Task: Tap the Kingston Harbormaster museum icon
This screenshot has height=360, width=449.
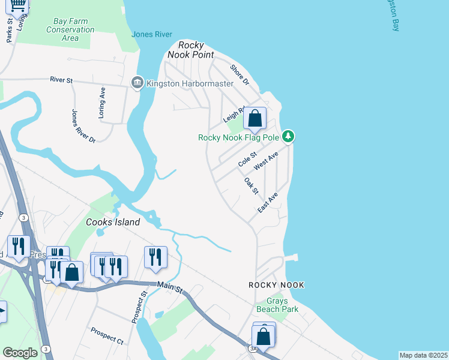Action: (x=137, y=82)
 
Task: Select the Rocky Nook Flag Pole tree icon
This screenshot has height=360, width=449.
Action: (x=288, y=137)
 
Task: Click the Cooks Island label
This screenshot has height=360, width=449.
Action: (x=113, y=222)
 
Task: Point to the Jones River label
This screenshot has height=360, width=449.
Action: (x=152, y=34)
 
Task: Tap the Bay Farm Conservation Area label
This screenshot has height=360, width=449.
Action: (x=70, y=29)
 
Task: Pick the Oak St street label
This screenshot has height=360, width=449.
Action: (x=251, y=185)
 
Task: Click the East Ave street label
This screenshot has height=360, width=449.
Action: (x=268, y=202)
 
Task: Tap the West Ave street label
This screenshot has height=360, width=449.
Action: (x=266, y=160)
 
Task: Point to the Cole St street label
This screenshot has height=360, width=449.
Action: (x=247, y=160)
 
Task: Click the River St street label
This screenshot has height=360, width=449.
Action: (x=61, y=79)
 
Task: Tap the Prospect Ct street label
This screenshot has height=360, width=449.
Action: (x=107, y=335)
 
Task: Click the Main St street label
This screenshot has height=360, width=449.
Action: (x=170, y=288)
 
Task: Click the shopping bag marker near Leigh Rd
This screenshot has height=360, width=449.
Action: (x=255, y=119)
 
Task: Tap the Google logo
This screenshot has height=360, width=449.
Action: (x=20, y=353)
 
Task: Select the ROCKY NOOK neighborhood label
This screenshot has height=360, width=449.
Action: (x=276, y=285)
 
